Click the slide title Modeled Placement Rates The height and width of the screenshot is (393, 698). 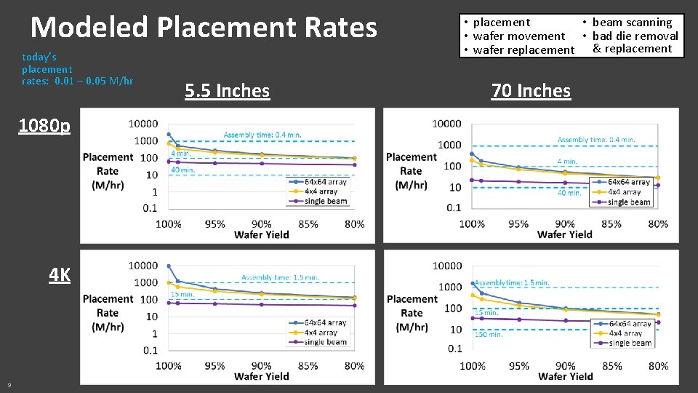pos(204,28)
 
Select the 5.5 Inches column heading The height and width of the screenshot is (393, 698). pos(227,91)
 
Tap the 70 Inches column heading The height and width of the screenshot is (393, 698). pos(531,91)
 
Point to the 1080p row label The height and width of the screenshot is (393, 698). pos(44,127)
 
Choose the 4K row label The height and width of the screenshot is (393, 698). pos(60,275)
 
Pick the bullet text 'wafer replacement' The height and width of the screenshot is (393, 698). pos(523,49)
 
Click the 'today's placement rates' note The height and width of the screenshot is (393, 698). pos(77,68)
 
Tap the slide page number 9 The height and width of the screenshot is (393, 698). pos(9,384)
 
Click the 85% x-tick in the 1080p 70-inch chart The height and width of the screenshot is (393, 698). pos(611,223)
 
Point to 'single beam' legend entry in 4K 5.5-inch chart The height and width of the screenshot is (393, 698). pos(325,342)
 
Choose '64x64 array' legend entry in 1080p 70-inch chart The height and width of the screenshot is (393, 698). pos(628,182)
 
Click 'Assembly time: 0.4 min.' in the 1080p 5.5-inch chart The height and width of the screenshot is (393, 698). pos(262,135)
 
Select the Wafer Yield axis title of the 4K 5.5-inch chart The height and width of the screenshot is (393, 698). pos(261,376)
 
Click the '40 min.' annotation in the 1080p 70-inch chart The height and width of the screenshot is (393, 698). pos(569,193)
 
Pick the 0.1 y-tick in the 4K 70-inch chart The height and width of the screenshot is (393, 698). pos(454,349)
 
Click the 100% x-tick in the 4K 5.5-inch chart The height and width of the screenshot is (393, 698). pos(169,365)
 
